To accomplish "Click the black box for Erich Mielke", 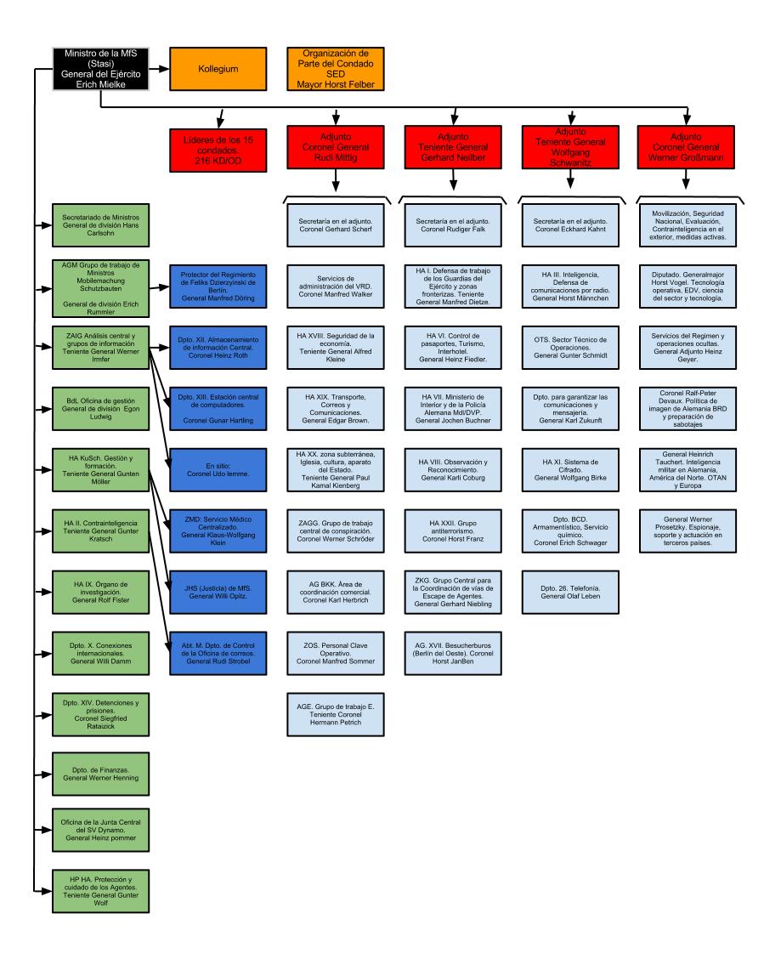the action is tap(101, 69).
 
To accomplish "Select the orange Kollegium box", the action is tap(218, 69).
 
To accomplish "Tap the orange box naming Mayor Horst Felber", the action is tap(336, 69).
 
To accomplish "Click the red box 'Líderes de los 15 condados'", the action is tap(218, 150).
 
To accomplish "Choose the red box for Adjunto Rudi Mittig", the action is tap(336, 147).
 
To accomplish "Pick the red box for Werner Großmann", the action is tap(686, 147).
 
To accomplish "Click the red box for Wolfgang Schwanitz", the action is tap(570, 147).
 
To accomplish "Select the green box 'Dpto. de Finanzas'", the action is tap(101, 775).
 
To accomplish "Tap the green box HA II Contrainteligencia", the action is tap(101, 531).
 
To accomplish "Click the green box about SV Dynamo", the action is tap(101, 831).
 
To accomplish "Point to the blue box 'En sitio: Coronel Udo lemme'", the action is tap(218, 470).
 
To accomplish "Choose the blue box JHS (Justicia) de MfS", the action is tap(218, 593).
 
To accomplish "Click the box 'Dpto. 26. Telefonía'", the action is tap(570, 593).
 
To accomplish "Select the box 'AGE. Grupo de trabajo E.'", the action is tap(336, 715).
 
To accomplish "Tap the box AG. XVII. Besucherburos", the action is tap(453, 654).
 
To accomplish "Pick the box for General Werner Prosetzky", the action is tap(688, 531).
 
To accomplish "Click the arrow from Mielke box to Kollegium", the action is tap(159, 69).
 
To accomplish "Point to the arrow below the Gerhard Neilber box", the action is tap(453, 180).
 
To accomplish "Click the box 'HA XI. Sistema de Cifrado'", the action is tap(570, 470).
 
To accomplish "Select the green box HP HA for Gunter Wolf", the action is tap(101, 892).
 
